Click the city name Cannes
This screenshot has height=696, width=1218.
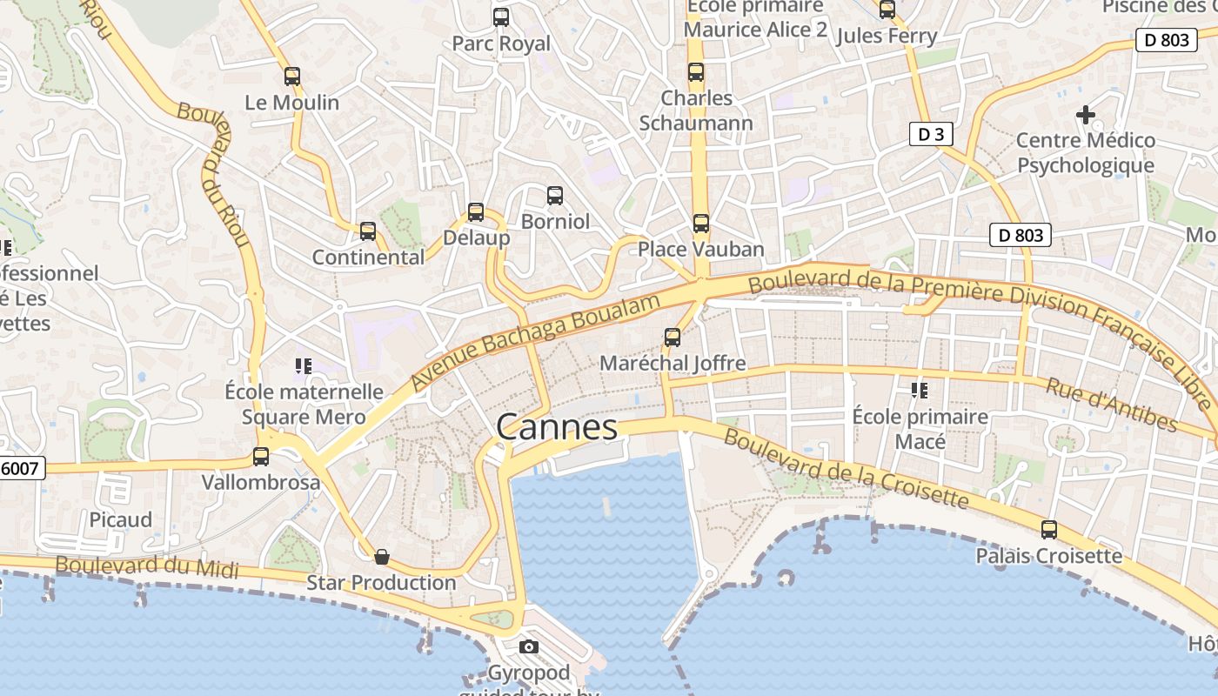[x=557, y=427]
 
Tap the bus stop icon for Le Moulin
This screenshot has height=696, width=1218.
[x=292, y=77]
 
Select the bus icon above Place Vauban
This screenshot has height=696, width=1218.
[x=701, y=224]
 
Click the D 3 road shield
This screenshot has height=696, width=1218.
[x=931, y=134]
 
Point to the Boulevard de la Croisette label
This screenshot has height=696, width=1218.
[x=846, y=469]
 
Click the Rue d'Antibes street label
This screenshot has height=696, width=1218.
[x=1112, y=404]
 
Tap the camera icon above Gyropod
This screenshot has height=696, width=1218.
[x=528, y=646]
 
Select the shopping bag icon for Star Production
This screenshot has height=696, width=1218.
[x=381, y=557]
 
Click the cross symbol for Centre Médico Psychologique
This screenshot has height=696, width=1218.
[x=1085, y=114]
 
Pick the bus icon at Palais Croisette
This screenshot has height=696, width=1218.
[x=1049, y=530]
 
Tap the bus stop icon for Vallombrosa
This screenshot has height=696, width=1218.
[x=260, y=456]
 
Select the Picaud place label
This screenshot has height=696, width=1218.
[x=121, y=519]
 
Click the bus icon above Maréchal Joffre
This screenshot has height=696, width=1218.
[x=673, y=338]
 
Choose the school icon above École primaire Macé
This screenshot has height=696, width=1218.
[x=920, y=391]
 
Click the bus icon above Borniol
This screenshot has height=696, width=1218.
[x=555, y=196]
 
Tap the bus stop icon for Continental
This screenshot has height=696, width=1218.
[x=368, y=231]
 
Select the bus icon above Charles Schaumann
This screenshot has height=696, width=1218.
[x=696, y=72]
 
